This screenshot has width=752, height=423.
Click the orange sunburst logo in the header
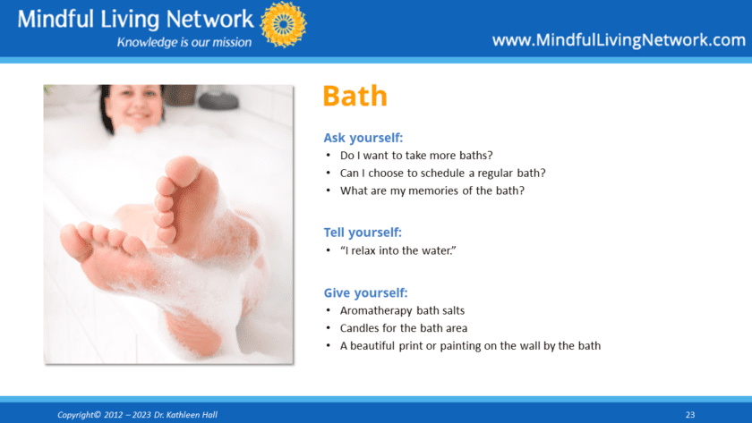click(x=284, y=24)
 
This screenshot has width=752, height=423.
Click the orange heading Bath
click(x=355, y=96)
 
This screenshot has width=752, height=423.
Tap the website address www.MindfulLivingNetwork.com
click(x=619, y=39)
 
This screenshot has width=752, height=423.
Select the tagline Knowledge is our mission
click(x=184, y=42)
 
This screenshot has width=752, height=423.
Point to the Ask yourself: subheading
click(x=363, y=138)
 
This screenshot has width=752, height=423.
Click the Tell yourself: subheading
click(x=363, y=233)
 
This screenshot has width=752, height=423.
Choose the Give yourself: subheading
click(x=365, y=292)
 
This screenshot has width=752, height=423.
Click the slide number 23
click(x=690, y=415)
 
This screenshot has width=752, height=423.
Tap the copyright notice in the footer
click(x=137, y=415)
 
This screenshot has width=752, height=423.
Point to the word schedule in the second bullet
click(x=443, y=173)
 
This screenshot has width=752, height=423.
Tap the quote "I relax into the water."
click(x=398, y=250)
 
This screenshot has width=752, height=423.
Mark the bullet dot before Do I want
click(x=328, y=156)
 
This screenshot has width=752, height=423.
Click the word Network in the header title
click(x=209, y=19)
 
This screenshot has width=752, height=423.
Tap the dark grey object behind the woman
click(x=218, y=99)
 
